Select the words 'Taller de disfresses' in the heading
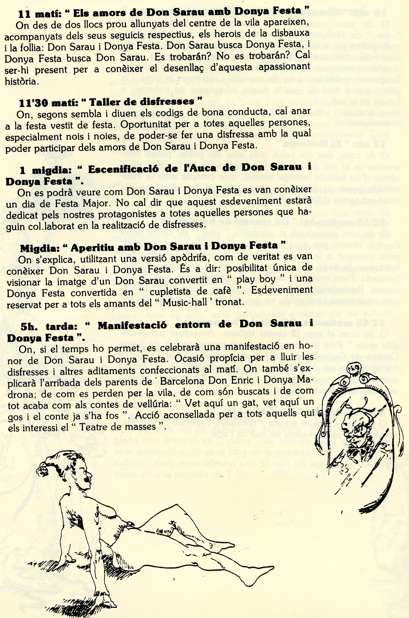pos(142,102)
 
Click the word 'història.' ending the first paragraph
pos(22,82)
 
